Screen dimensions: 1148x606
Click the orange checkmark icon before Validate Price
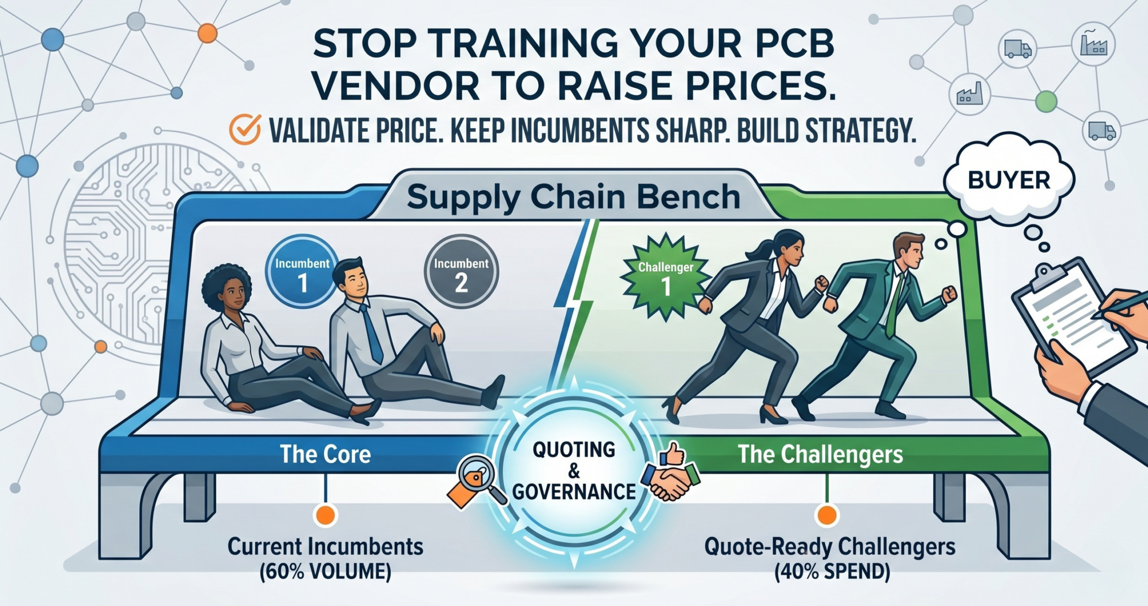[x=245, y=130]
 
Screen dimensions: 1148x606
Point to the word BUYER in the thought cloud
[x=1009, y=181]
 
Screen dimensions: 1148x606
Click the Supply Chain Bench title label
[x=574, y=197]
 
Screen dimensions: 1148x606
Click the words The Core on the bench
[x=326, y=454]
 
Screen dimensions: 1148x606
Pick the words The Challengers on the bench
[x=821, y=454]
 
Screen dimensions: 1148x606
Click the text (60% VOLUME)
[x=326, y=572]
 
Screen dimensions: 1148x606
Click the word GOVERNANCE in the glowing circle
[x=574, y=491]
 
